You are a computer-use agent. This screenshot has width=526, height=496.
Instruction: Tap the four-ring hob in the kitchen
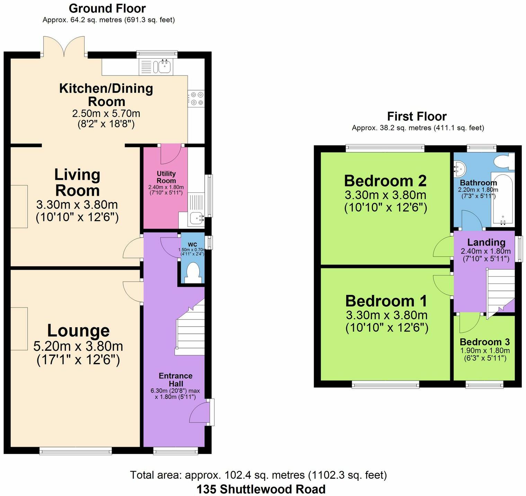[196, 98]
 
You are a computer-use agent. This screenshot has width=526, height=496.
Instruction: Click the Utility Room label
[166, 177]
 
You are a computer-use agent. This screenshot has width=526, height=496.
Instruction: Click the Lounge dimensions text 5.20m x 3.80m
[78, 346]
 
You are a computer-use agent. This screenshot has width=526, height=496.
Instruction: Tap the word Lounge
[78, 331]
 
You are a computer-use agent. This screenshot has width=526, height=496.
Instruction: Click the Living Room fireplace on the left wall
[19, 206]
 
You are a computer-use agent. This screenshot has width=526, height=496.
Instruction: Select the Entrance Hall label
[176, 380]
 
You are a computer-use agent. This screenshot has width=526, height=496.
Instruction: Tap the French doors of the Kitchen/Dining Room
[64, 47]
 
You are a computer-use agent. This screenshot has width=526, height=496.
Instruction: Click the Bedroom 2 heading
[385, 181]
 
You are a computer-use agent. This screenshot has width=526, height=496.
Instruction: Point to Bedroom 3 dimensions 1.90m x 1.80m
[485, 350]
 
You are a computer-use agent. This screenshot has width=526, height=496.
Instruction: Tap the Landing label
[486, 242]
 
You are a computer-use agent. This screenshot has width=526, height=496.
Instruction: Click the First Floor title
[417, 116]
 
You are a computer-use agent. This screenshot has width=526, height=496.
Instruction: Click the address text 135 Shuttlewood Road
[261, 489]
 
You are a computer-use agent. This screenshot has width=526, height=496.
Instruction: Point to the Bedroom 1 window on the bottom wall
[385, 384]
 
